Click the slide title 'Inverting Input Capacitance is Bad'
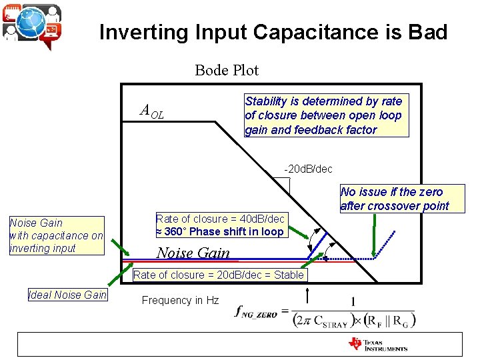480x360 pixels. [273, 32]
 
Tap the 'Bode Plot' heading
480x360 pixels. [227, 69]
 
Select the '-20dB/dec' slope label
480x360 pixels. [308, 169]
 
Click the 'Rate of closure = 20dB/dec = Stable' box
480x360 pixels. [219, 275]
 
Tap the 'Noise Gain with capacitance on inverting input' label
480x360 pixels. [56, 235]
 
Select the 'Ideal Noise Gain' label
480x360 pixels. [67, 295]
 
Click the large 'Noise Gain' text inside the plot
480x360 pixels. [193, 253]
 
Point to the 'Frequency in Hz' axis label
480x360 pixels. [180, 301]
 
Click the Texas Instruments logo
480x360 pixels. [377, 344]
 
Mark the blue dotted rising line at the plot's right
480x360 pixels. [386, 244]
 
